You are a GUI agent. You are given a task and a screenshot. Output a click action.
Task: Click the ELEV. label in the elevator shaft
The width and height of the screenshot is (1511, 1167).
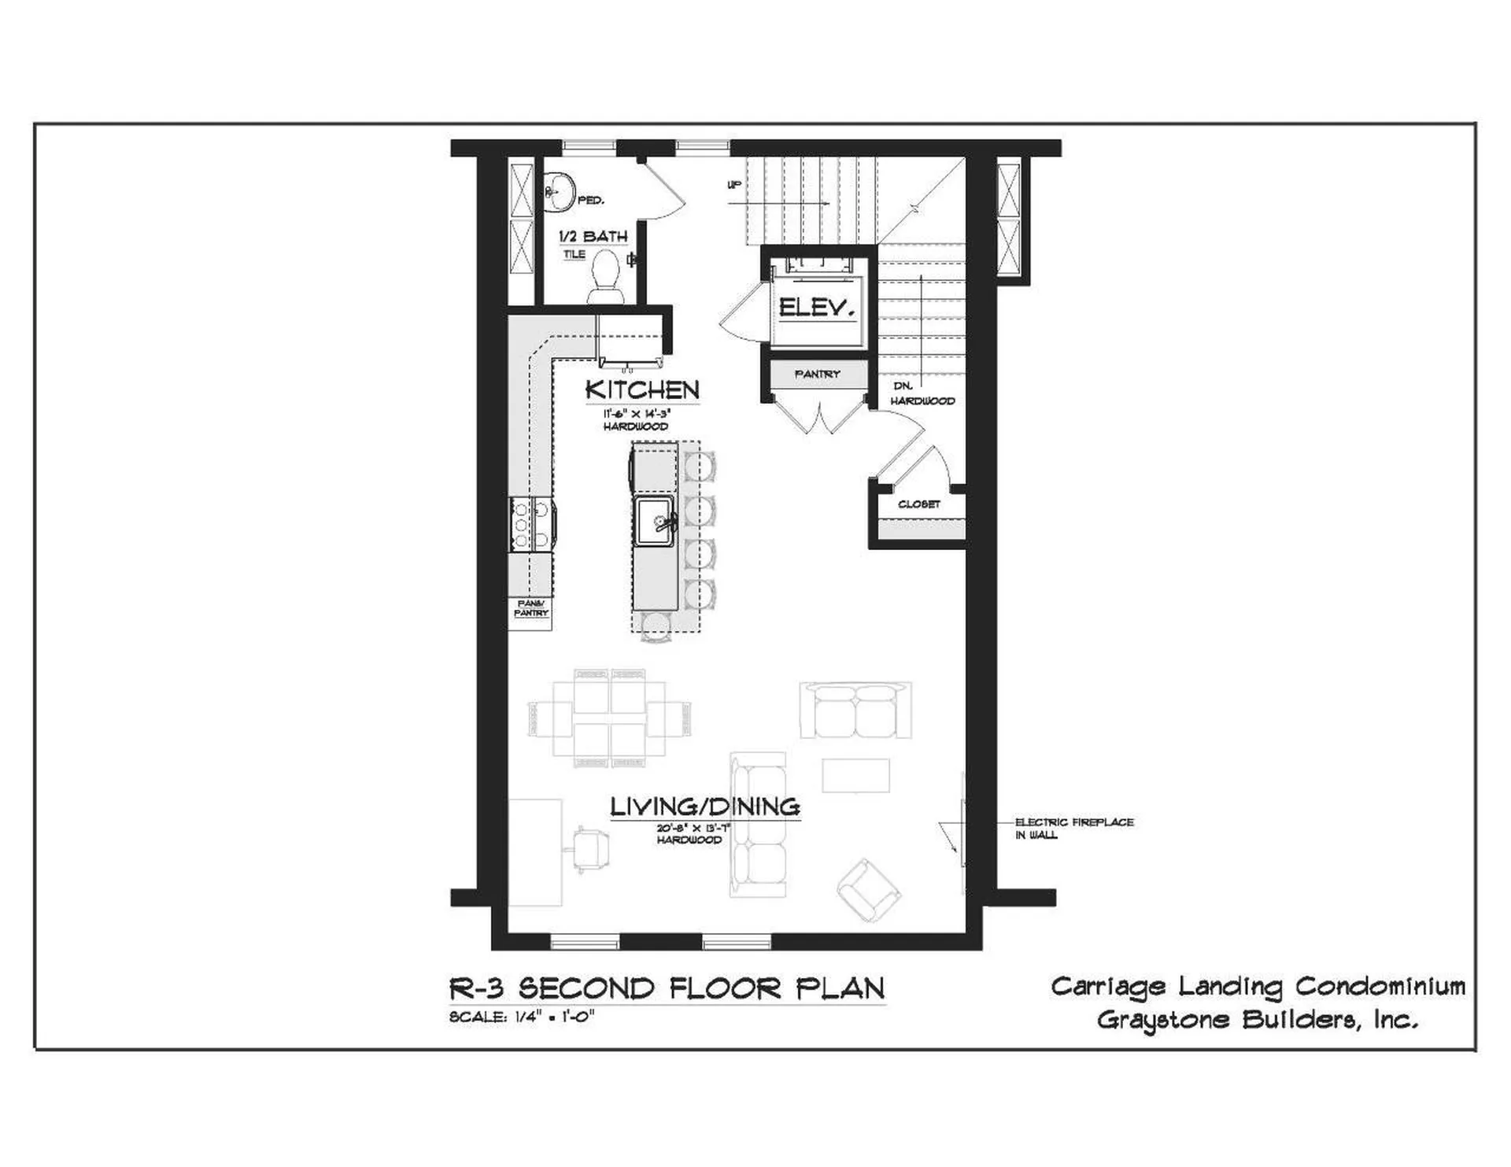817,308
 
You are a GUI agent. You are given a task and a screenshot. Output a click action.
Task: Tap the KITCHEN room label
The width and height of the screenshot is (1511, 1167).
642,390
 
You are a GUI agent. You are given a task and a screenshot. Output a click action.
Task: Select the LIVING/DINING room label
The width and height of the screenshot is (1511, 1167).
705,807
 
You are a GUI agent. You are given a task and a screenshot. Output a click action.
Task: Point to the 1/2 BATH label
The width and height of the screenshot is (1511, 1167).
593,236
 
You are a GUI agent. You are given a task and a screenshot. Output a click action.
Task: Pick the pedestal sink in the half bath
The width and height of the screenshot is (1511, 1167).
560,191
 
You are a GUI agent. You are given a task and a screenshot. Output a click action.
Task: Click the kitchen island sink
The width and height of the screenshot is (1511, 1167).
654,520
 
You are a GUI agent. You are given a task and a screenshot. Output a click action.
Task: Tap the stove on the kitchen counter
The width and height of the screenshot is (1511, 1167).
532,523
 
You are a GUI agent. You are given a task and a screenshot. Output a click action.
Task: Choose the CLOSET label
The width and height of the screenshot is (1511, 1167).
918,504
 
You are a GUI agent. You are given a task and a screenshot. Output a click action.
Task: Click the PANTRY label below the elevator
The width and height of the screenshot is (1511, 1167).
817,375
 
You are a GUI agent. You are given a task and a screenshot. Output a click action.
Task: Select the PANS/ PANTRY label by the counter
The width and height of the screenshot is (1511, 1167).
531,608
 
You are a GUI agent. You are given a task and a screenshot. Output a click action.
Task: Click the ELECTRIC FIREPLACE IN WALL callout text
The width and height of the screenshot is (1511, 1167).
1073,828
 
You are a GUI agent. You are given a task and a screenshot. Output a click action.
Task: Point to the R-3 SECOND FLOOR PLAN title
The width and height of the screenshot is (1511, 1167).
667,988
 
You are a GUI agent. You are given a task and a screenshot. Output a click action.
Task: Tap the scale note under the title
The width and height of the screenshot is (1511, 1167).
521,1016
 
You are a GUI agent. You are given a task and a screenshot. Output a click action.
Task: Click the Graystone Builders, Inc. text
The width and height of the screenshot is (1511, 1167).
1257,1021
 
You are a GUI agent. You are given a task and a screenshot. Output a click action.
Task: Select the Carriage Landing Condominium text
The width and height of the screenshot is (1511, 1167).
1258,987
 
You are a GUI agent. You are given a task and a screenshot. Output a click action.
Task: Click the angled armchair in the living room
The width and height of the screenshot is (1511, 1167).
868,891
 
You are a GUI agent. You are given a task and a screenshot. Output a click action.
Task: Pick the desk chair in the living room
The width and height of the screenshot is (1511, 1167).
589,848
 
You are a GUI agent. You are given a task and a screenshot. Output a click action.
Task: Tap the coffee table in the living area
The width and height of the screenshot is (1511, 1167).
856,775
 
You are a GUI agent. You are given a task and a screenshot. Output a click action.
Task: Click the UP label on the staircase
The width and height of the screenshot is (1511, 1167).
733,186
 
